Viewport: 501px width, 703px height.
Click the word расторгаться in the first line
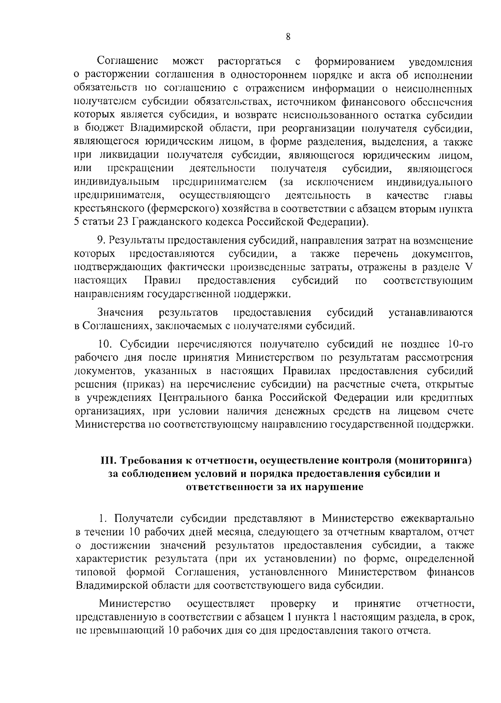click(249, 62)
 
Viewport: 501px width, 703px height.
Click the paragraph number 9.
click(101, 241)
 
